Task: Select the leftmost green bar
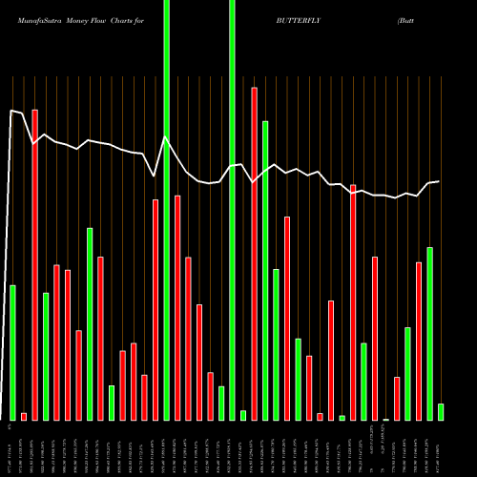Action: point(12,352)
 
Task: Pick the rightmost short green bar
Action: point(441,411)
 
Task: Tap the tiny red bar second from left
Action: point(24,416)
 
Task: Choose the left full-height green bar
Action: point(167,210)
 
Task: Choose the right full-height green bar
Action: point(232,210)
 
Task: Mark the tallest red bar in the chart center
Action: point(254,253)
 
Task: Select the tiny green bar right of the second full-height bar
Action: point(243,415)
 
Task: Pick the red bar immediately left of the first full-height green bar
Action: point(156,309)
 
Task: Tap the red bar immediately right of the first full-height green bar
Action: point(177,307)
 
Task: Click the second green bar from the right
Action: point(429,333)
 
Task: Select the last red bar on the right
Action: point(419,341)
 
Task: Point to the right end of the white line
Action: point(439,181)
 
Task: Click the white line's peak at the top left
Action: point(12,112)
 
